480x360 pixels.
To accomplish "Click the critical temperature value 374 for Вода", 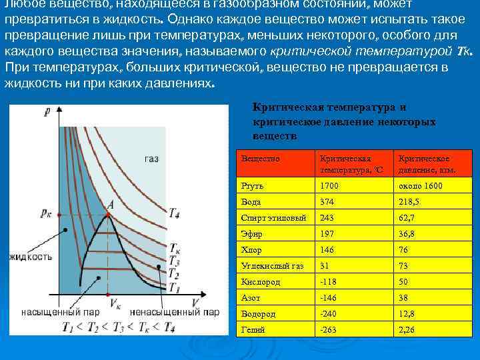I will (x=327, y=201).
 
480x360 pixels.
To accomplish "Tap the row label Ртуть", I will (x=251, y=185).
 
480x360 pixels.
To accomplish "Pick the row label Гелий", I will (x=252, y=329).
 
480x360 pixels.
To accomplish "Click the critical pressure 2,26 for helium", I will (x=407, y=329).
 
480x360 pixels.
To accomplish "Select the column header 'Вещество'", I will (x=261, y=159).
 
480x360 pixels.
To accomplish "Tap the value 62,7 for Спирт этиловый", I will (x=407, y=217).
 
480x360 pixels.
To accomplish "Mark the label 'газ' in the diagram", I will (x=151, y=159).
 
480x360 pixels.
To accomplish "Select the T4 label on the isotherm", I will (x=173, y=213).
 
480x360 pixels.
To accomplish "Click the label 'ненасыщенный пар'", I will (x=174, y=312).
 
